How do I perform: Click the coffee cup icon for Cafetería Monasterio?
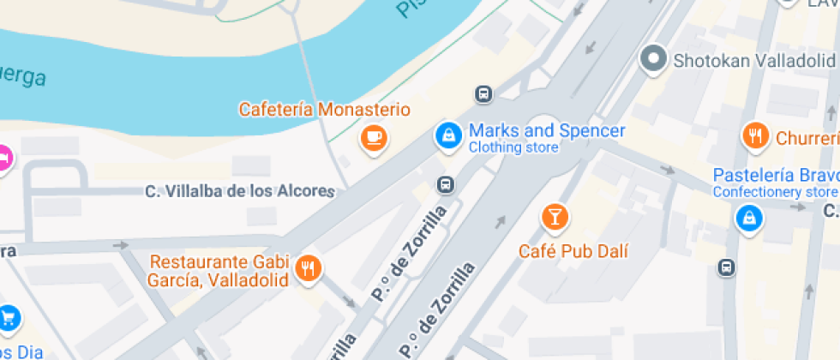(373, 137)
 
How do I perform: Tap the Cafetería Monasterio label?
(324, 110)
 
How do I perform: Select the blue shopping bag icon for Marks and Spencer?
(446, 135)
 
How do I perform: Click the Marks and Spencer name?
(546, 131)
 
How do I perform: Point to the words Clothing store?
(513, 147)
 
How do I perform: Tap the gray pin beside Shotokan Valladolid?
(655, 59)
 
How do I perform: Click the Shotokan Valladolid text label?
(753, 61)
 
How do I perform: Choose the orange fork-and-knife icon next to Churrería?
(755, 135)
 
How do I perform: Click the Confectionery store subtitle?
(775, 191)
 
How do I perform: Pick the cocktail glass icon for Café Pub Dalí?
(555, 217)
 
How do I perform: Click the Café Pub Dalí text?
(573, 251)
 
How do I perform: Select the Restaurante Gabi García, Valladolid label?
(219, 270)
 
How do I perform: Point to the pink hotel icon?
(3, 159)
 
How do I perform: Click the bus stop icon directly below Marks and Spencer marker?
(445, 183)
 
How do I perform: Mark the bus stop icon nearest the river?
(483, 93)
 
